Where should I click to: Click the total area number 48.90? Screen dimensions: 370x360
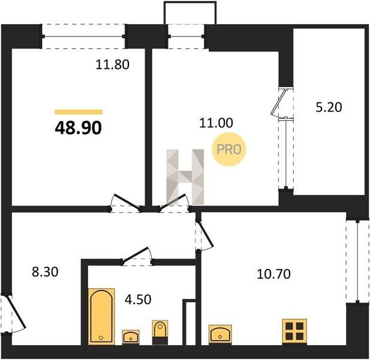pos(79,128)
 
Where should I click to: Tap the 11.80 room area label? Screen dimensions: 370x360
pos(113,65)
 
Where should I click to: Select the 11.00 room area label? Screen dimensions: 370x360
pos(216,123)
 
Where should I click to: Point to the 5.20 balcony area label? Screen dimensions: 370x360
pos(329,107)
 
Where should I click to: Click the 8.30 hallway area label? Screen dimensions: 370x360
pos(45,272)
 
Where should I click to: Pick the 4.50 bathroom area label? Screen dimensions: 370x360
pos(138,299)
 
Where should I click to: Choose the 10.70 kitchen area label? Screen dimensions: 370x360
pos(273,274)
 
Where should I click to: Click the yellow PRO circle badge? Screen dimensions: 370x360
pos(229,149)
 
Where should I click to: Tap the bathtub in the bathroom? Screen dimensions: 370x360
pos(101,317)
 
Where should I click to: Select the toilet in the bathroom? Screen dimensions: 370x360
pos(160,332)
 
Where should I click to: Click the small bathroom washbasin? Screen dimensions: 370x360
pos(131,337)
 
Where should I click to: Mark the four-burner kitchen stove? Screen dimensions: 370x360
pos(294,332)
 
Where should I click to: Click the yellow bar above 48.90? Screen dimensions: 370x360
pos(79,112)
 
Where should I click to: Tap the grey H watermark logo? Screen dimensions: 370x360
pos(185,177)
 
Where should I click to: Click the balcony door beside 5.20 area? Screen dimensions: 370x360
pos(282,103)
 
